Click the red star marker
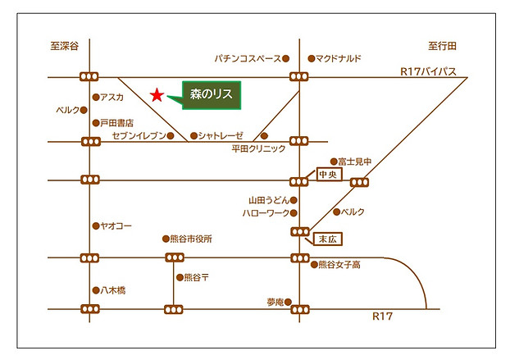[156, 95]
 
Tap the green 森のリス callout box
[211, 96]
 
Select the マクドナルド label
[338, 58]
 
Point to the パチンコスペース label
[247, 58]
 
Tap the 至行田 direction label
[441, 48]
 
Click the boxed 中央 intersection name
[328, 175]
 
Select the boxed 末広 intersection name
[327, 238]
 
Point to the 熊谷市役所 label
[190, 239]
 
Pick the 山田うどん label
[268, 199]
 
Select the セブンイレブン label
[139, 135]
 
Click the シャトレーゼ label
[221, 135]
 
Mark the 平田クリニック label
[259, 149]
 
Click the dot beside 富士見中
[334, 162]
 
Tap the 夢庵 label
[274, 302]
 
